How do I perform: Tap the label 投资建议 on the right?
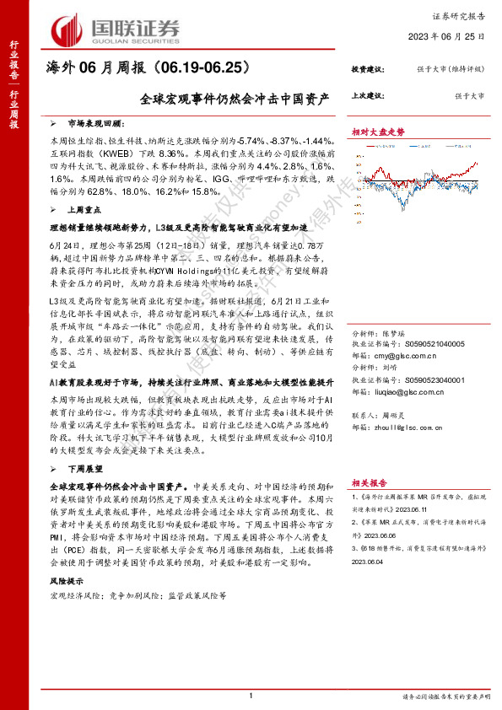[x=368, y=70]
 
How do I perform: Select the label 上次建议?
[x=368, y=96]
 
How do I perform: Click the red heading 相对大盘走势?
[x=378, y=132]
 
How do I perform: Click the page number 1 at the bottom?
[x=251, y=696]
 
